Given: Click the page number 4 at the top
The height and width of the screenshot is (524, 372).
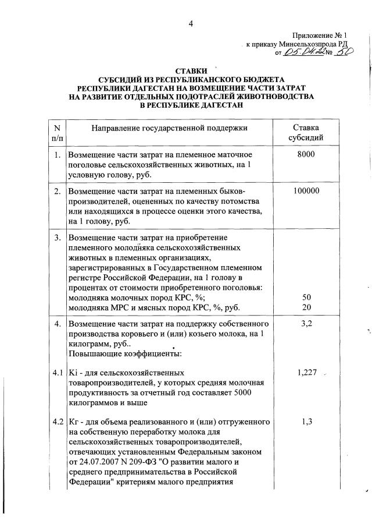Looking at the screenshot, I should click(x=190, y=23).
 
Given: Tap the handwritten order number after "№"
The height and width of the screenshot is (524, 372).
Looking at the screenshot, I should click(x=345, y=53).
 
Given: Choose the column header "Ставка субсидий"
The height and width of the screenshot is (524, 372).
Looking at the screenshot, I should click(x=306, y=133).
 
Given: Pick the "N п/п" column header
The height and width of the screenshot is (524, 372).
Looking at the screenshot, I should click(x=57, y=133).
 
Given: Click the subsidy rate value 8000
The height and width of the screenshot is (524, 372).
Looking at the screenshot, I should click(x=306, y=155).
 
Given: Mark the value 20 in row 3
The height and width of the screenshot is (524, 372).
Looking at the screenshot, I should click(x=306, y=307).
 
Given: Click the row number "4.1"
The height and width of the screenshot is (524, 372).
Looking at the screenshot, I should click(x=57, y=372).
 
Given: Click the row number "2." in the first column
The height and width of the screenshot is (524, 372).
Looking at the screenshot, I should click(x=57, y=191).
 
